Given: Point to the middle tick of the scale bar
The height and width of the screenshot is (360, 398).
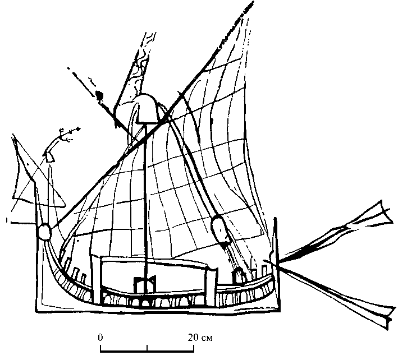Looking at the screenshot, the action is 148,348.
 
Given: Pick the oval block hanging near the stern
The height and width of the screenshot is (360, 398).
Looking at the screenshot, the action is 218,230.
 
